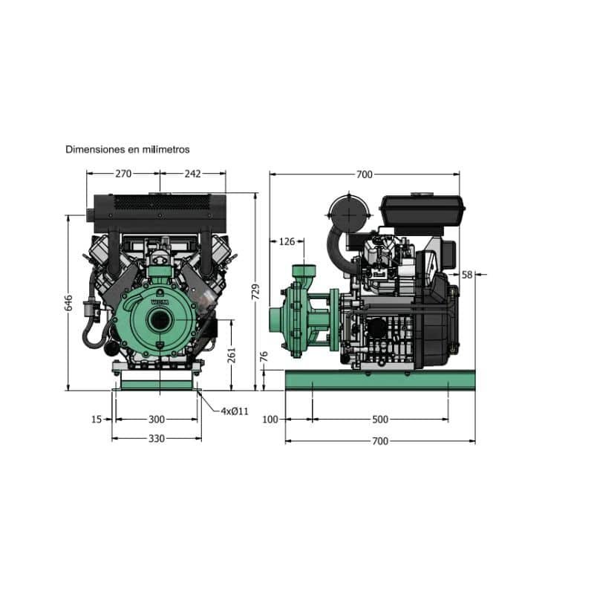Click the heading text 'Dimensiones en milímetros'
pos(127,149)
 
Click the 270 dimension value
pos(123,174)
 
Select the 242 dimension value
pos(193,174)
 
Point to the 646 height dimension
pos(68,303)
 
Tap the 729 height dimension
pos(255,292)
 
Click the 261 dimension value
pos(232,355)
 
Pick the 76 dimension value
pos(264,356)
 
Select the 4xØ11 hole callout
pos(235,411)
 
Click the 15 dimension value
pos(97,420)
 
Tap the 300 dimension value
pos(157,420)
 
